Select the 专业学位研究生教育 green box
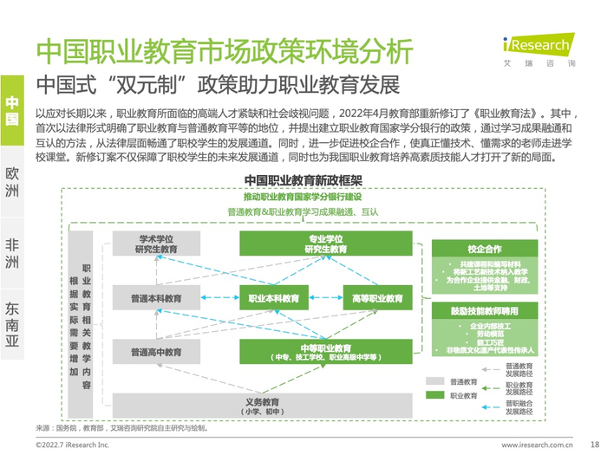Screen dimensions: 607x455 [x=325, y=244]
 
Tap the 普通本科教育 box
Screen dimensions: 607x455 [x=157, y=299]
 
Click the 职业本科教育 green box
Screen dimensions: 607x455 [x=274, y=299]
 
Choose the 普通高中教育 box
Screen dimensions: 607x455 [x=157, y=352]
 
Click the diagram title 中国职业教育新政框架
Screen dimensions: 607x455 [x=303, y=179]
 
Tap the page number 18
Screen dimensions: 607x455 [x=595, y=443]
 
